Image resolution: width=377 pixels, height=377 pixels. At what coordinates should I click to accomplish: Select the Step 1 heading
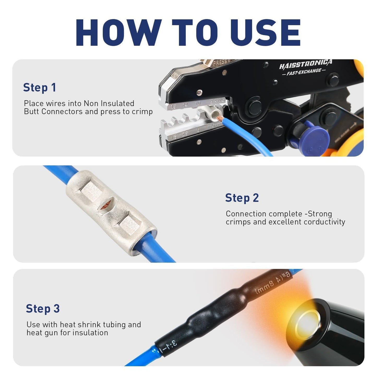(39, 88)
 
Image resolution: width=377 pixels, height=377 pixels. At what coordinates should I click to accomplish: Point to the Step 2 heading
(242, 198)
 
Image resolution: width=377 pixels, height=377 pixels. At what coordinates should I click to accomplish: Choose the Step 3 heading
(43, 309)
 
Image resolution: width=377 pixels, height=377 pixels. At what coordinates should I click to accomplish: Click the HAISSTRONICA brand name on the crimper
(305, 64)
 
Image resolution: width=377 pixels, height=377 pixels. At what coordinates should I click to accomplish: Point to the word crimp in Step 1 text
(142, 112)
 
